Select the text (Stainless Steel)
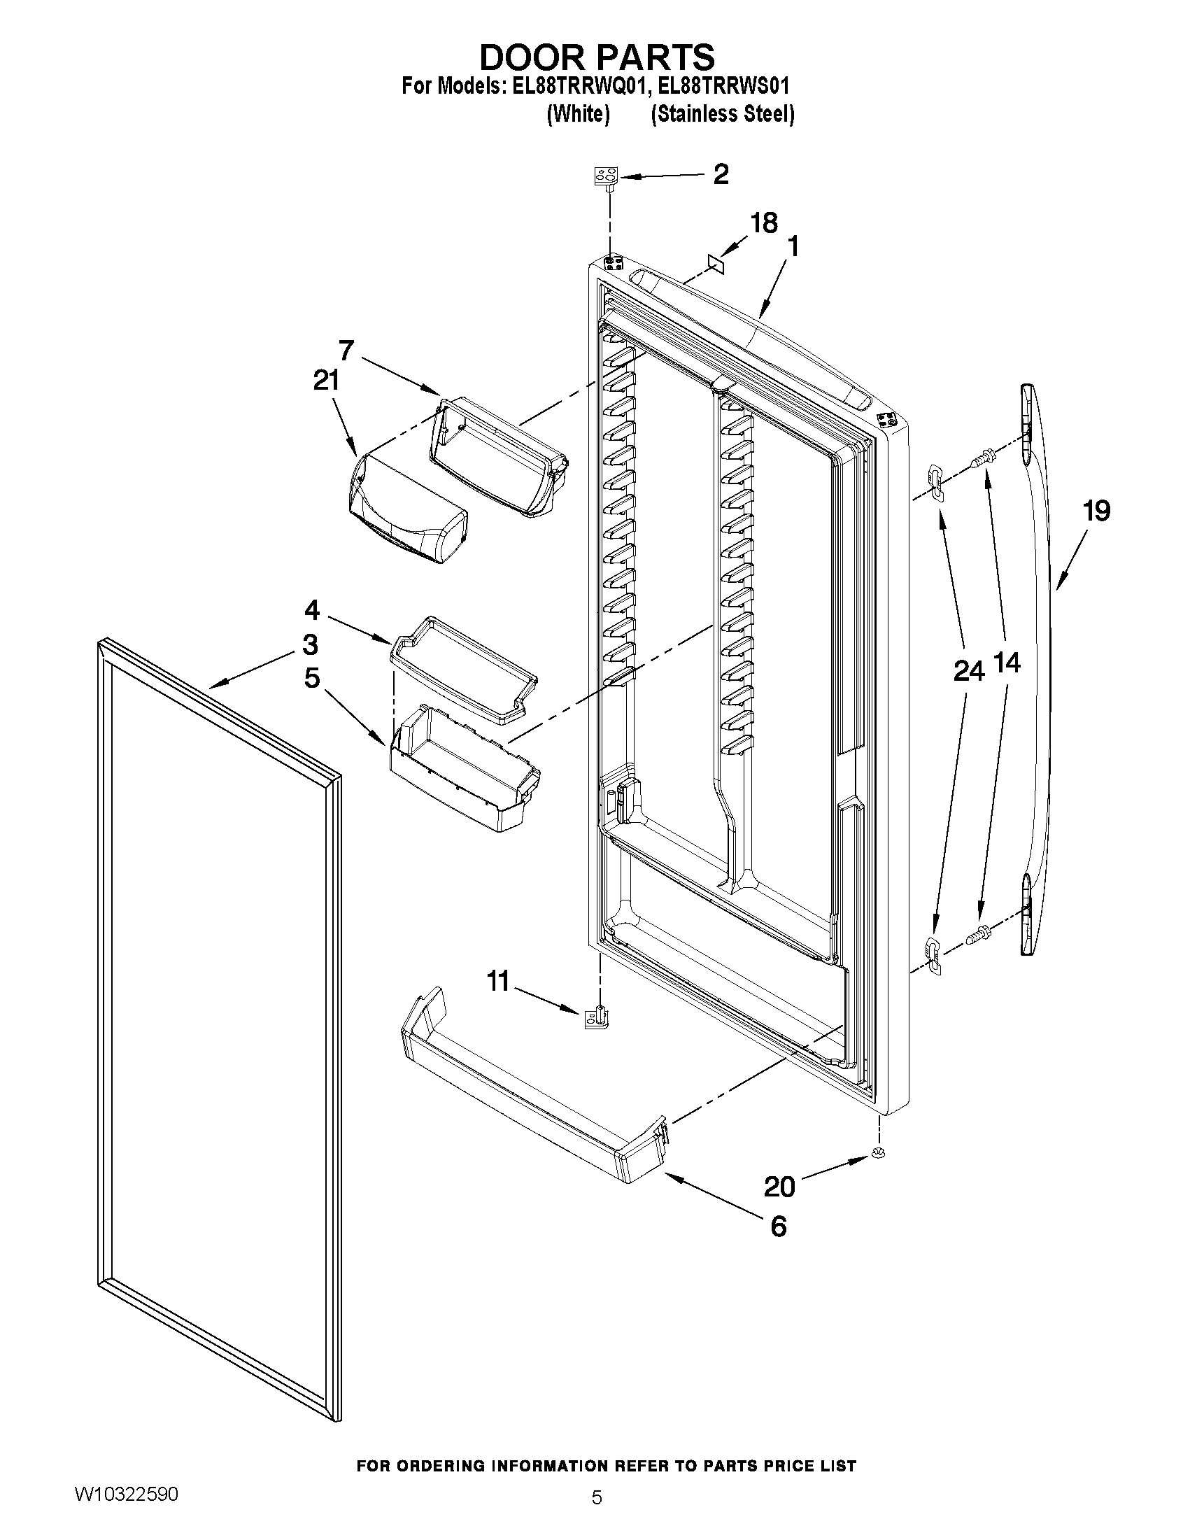[723, 114]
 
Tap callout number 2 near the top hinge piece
[721, 174]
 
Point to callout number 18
[763, 222]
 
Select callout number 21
[327, 381]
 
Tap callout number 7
[346, 350]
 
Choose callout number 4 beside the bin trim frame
[312, 609]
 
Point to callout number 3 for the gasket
[310, 644]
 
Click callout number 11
[498, 981]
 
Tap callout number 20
[779, 1187]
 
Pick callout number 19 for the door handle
[1097, 511]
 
